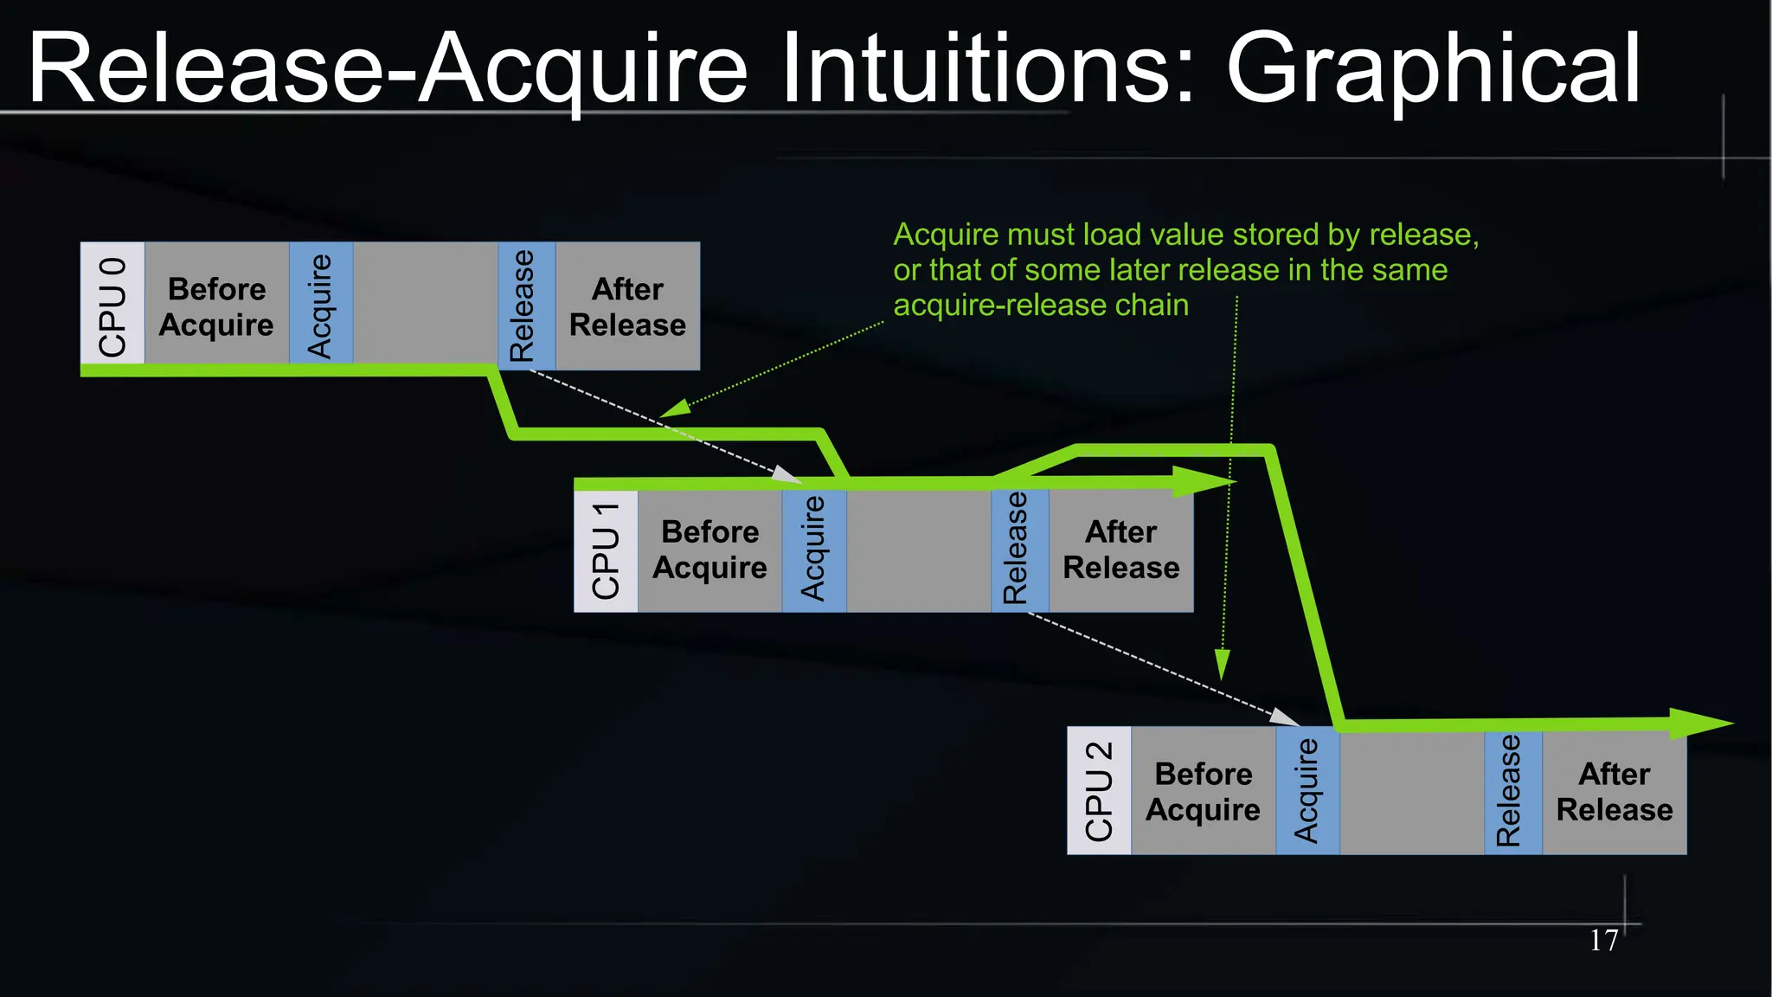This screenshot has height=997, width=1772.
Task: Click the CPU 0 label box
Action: [x=112, y=305]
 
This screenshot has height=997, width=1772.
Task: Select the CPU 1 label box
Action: [x=606, y=550]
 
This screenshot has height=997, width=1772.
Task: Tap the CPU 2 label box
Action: [x=1099, y=791]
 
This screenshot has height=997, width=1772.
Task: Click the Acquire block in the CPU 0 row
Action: [x=321, y=305]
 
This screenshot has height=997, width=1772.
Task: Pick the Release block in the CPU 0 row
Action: [x=526, y=305]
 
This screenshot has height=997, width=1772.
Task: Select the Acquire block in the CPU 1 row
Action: [x=814, y=550]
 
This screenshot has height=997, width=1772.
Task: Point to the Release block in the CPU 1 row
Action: [x=1019, y=550]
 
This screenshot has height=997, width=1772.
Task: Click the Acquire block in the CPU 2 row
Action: [x=1307, y=791]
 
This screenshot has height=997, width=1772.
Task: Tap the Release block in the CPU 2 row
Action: [x=1512, y=791]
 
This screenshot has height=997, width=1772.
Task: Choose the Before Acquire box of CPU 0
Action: [x=216, y=306]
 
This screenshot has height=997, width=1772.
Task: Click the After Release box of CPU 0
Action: [x=627, y=306]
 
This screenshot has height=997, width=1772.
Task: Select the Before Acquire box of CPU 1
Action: [x=709, y=550]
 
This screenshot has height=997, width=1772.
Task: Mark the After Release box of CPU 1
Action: [x=1120, y=550]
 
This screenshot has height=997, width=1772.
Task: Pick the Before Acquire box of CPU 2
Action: [x=1203, y=791]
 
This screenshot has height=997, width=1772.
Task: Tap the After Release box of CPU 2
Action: [x=1614, y=791]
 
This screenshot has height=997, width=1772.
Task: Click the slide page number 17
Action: [x=1603, y=940]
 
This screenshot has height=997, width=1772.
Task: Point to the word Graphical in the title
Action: [x=1433, y=69]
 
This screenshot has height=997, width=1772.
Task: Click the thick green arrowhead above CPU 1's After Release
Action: [x=1203, y=482]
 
